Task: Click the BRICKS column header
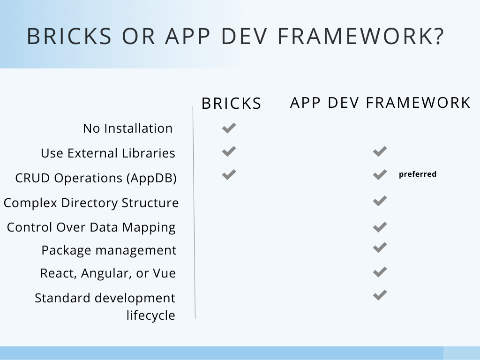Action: (x=231, y=104)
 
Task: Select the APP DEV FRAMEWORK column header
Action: (x=380, y=103)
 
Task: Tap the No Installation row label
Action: (x=127, y=128)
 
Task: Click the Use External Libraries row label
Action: (x=108, y=153)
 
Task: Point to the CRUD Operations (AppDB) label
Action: (x=96, y=178)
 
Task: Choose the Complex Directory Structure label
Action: (x=91, y=203)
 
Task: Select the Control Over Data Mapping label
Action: (x=91, y=227)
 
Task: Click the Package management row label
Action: (x=109, y=250)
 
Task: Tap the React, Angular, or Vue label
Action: (x=108, y=273)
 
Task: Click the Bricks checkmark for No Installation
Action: (x=229, y=128)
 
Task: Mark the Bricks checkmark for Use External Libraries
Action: (x=229, y=151)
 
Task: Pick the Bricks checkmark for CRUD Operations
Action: (x=229, y=175)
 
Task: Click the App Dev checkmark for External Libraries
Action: (x=380, y=151)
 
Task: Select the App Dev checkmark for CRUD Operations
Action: (x=380, y=175)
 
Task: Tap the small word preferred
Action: (x=417, y=174)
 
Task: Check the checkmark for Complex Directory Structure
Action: (x=380, y=202)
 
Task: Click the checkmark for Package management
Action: (x=380, y=247)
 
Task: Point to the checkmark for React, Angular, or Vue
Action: (x=380, y=272)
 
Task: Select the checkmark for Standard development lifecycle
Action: (x=380, y=295)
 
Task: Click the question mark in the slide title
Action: (x=438, y=37)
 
